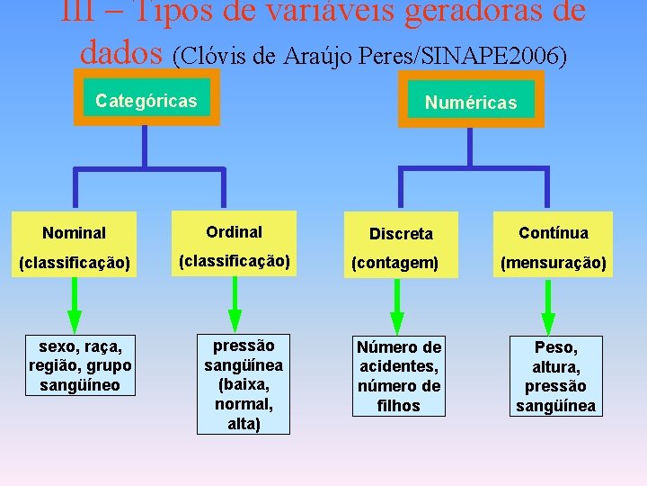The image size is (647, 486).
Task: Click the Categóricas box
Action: [146, 100]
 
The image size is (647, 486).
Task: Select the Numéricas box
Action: [471, 103]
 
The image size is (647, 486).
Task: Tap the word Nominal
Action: [74, 233]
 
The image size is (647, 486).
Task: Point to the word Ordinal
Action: [234, 232]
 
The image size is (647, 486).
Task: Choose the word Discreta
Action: [401, 234]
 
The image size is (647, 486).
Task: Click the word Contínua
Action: [554, 233]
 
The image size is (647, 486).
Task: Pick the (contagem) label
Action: [394, 263]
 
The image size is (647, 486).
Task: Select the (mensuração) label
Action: [554, 263]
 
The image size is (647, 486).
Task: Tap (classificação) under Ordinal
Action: [234, 261]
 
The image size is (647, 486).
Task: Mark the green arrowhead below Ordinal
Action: [235, 319]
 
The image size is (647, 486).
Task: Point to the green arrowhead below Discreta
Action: [396, 321]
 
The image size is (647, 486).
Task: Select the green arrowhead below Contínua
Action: [547, 321]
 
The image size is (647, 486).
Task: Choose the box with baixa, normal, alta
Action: [244, 384]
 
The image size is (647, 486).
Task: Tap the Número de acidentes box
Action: [399, 376]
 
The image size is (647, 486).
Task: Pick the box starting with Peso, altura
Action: [555, 376]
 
